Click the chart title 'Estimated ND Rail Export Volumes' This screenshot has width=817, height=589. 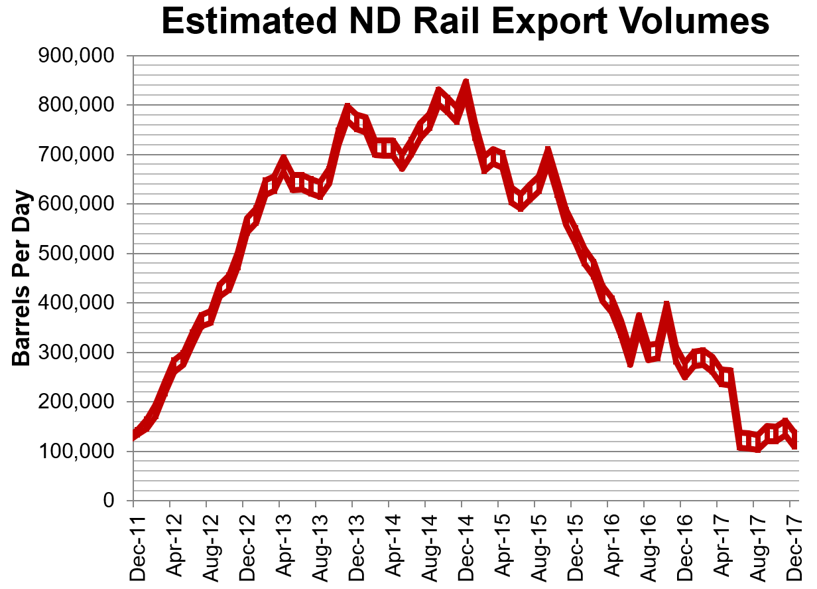(x=465, y=23)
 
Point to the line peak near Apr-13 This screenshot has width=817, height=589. (x=283, y=160)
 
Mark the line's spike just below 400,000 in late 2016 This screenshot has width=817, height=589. (x=666, y=307)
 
